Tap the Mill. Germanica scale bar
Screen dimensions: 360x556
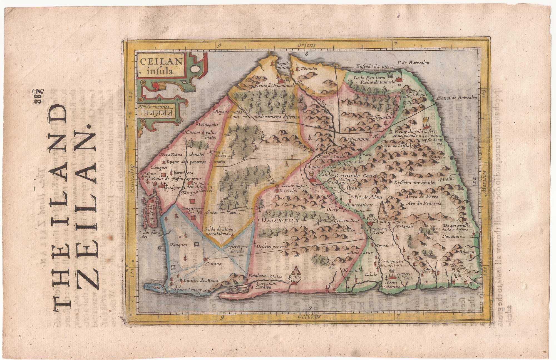click(157, 113)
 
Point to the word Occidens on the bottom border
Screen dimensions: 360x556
click(309, 317)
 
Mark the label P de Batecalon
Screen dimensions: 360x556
click(413, 63)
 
